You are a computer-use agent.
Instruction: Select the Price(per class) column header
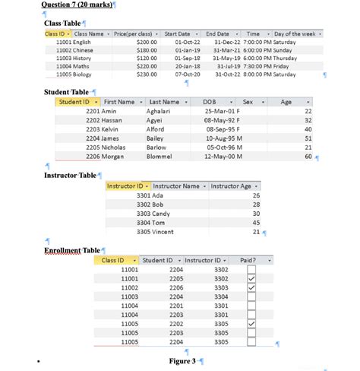pyautogui.click(x=133, y=34)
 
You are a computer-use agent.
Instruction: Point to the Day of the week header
pyautogui.click(x=294, y=34)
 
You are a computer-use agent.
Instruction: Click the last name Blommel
pyautogui.click(x=161, y=157)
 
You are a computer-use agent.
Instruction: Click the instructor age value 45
pyautogui.click(x=255, y=223)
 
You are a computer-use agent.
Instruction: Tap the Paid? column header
pyautogui.click(x=248, y=260)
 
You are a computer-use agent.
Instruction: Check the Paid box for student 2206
pyautogui.click(x=251, y=288)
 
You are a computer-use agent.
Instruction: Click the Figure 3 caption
pyautogui.click(x=182, y=360)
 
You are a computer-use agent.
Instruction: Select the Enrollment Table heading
pyautogui.click(x=72, y=250)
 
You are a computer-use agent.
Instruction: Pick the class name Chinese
pyautogui.click(x=84, y=49)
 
